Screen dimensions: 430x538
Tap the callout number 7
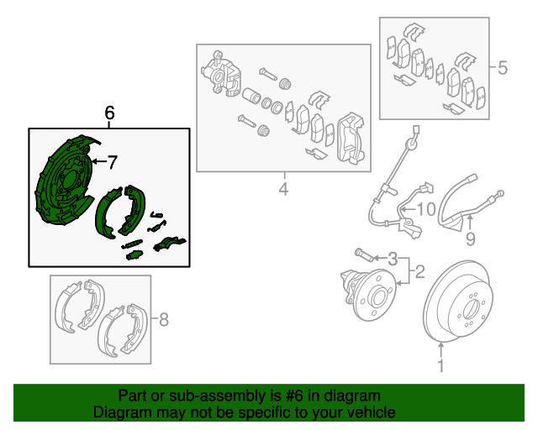coord(113,161)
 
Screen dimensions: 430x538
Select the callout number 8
coord(164,319)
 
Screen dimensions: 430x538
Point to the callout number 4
coord(283,190)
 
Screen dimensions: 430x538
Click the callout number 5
coord(503,68)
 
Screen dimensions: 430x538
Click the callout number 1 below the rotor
coord(440,365)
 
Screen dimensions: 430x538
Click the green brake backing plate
coord(62,189)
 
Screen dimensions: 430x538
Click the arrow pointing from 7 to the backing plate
coord(98,161)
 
